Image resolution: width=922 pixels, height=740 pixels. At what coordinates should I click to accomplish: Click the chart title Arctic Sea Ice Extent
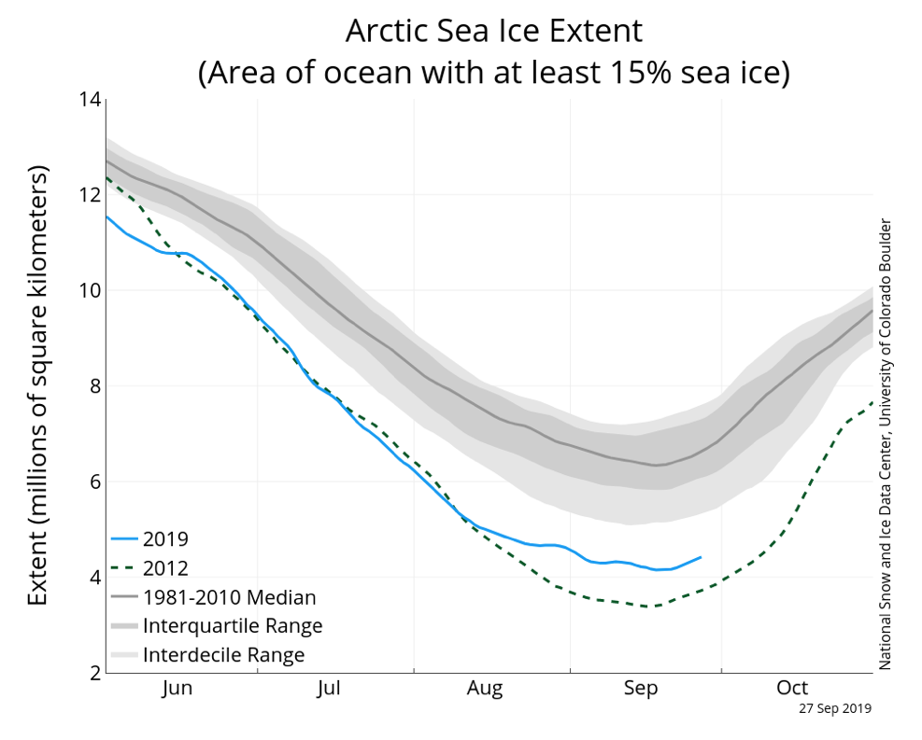[493, 31]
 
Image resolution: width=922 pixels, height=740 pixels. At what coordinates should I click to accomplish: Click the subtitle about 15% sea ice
[493, 72]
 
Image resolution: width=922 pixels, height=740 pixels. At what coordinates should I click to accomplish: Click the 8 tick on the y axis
[94, 386]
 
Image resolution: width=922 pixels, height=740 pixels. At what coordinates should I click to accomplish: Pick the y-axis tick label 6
[94, 482]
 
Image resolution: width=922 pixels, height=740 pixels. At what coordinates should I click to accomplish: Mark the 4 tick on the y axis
[94, 578]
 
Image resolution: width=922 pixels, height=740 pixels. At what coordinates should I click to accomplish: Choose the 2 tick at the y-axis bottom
[94, 673]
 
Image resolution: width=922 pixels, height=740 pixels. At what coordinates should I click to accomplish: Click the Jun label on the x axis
[177, 689]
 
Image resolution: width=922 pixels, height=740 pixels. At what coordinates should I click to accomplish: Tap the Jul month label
[328, 689]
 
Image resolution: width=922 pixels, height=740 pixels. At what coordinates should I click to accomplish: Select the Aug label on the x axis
[485, 689]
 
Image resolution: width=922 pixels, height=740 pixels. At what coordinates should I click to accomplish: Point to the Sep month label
[640, 689]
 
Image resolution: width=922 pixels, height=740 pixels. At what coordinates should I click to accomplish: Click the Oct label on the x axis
[791, 689]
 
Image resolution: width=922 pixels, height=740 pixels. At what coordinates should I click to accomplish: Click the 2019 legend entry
[165, 539]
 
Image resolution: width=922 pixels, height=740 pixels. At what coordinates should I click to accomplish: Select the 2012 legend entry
[165, 568]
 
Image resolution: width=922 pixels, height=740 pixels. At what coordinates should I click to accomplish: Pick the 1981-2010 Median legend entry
[229, 597]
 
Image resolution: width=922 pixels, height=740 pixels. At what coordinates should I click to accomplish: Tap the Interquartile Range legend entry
[233, 626]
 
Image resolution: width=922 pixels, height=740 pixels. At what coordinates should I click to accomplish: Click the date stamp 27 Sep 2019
[834, 708]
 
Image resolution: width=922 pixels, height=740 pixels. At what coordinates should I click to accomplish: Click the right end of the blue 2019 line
[701, 557]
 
